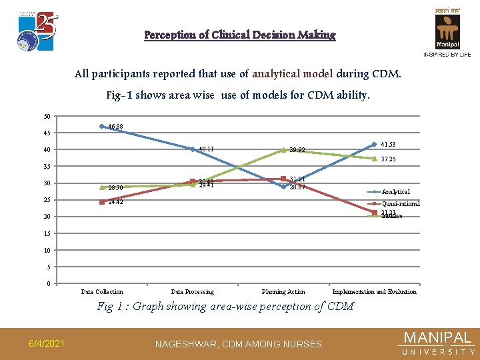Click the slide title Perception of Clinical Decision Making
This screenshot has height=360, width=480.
click(240, 35)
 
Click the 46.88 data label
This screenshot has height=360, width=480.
click(115, 127)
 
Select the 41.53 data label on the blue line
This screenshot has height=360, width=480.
click(389, 144)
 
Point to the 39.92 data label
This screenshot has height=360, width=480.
click(297, 150)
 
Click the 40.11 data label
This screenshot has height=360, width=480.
click(205, 149)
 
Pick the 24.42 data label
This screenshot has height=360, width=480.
click(115, 202)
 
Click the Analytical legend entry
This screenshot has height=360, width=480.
click(396, 192)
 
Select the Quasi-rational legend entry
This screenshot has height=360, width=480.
click(400, 204)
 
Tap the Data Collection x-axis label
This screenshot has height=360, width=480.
click(102, 291)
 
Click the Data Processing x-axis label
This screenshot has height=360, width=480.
click(193, 291)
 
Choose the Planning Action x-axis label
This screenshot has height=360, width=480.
click(283, 291)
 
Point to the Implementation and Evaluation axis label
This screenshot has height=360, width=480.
click(374, 291)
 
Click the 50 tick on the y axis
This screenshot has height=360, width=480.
click(47, 117)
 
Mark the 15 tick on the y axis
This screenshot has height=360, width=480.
click(47, 233)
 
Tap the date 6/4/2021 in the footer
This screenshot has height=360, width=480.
click(46, 343)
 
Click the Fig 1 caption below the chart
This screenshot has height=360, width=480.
click(225, 307)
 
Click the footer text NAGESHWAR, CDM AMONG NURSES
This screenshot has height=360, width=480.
click(238, 344)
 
